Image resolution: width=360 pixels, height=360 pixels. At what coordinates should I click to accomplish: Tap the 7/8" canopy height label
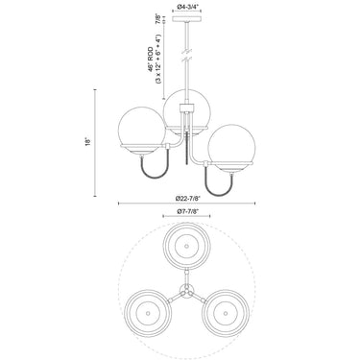(158, 18)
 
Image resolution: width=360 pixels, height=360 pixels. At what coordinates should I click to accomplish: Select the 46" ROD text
(152, 60)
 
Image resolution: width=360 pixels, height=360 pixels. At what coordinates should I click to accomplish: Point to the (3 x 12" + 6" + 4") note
(158, 60)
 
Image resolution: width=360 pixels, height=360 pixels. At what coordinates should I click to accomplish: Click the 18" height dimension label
(88, 141)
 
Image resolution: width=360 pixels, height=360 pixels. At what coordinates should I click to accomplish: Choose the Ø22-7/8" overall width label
(187, 198)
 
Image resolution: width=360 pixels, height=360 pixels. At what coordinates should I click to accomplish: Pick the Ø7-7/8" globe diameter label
(187, 211)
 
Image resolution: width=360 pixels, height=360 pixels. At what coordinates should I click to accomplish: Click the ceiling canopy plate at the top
(187, 19)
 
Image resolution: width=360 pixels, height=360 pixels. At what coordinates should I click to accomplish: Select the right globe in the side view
(231, 146)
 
